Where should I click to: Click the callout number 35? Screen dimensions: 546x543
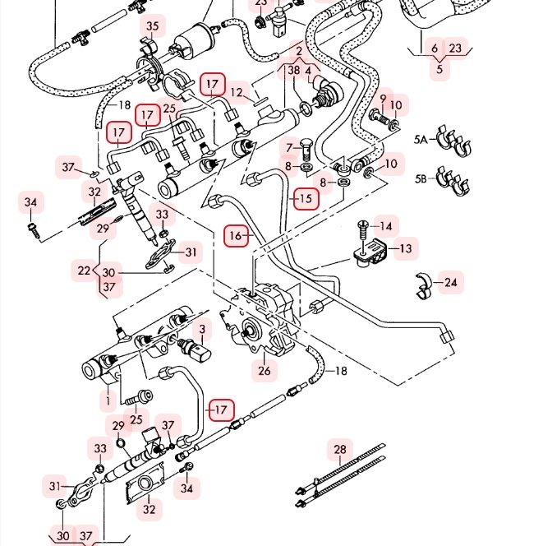(x=152, y=27)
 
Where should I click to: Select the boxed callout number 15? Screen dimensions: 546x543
(x=306, y=198)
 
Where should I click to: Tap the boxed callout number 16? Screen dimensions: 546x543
(x=237, y=237)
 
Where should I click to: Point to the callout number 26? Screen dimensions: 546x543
(x=264, y=371)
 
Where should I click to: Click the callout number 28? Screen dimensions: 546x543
(x=340, y=449)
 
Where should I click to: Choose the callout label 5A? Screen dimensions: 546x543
(x=421, y=141)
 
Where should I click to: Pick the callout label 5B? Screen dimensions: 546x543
(x=421, y=178)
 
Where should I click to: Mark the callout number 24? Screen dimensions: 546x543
(x=450, y=283)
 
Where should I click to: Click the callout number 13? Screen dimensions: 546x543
(x=406, y=248)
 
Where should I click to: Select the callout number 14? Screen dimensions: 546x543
(x=385, y=226)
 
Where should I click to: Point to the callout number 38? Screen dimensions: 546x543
(x=293, y=71)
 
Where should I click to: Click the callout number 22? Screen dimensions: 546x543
(x=84, y=270)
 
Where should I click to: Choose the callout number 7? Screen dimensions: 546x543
(x=289, y=148)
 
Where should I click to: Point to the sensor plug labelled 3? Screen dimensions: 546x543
(x=199, y=355)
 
